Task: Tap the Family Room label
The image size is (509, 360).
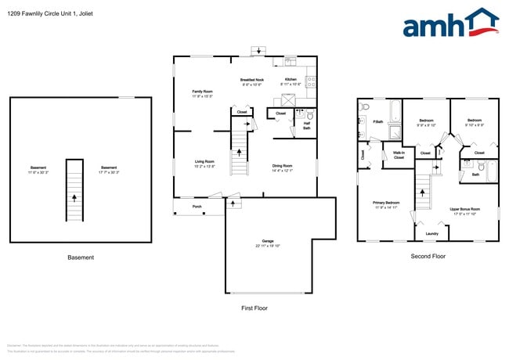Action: coord(204,92)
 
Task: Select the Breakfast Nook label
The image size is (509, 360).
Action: coord(252,80)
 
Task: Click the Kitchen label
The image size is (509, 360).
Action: coord(290,80)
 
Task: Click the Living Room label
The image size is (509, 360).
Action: coord(204,162)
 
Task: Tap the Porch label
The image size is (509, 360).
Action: coord(197,207)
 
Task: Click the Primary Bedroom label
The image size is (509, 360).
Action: coord(386,203)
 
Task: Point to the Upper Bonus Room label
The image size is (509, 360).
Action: coord(464,209)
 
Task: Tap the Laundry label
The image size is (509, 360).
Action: coord(431,233)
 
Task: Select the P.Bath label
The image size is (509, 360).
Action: coord(377,121)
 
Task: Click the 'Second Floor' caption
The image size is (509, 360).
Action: coord(428,257)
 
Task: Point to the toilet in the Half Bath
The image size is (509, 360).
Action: coord(309,115)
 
